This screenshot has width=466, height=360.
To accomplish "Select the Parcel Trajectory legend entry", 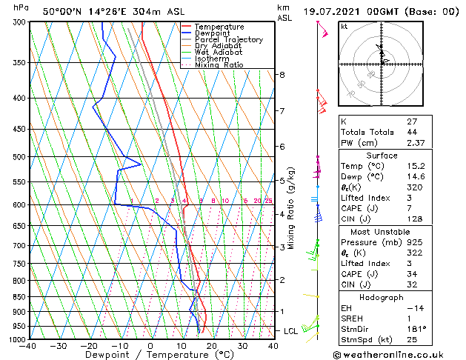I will (x=228, y=40).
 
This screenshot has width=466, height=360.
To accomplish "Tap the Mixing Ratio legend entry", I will (x=219, y=65).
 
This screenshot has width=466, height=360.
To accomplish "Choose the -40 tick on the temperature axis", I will (x=29, y=346).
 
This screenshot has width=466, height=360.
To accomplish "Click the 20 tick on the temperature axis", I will (x=212, y=346).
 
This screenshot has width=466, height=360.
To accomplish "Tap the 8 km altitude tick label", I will (x=282, y=75).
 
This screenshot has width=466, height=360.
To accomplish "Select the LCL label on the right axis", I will (x=291, y=331).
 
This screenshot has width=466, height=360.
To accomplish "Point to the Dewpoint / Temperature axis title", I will (x=150, y=355).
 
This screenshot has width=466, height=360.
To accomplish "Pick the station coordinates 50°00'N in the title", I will (x=59, y=12).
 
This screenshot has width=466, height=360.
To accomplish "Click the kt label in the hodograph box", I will (x=344, y=27).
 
